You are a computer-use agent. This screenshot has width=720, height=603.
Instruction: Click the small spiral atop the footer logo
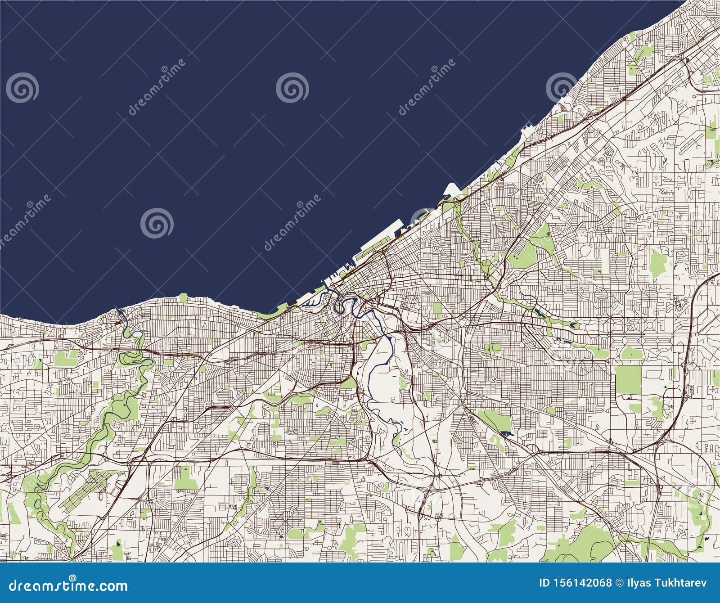pos(72,577)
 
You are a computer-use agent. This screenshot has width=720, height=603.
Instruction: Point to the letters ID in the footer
pos(544,583)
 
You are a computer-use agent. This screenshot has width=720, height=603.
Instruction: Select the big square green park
pos(629,379)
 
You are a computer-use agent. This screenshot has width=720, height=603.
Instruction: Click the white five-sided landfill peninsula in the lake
pos(451,189)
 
